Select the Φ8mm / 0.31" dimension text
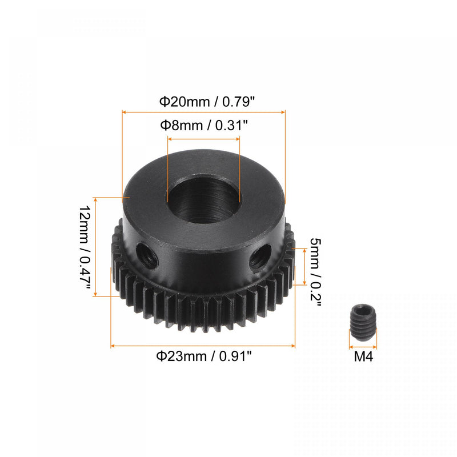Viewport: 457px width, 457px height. [x=204, y=125]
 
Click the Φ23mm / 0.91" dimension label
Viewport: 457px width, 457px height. [x=204, y=356]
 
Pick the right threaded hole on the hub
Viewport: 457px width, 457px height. [x=260, y=258]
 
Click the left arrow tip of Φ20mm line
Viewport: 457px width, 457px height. [x=124, y=113]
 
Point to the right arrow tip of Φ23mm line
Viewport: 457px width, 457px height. [x=294, y=346]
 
